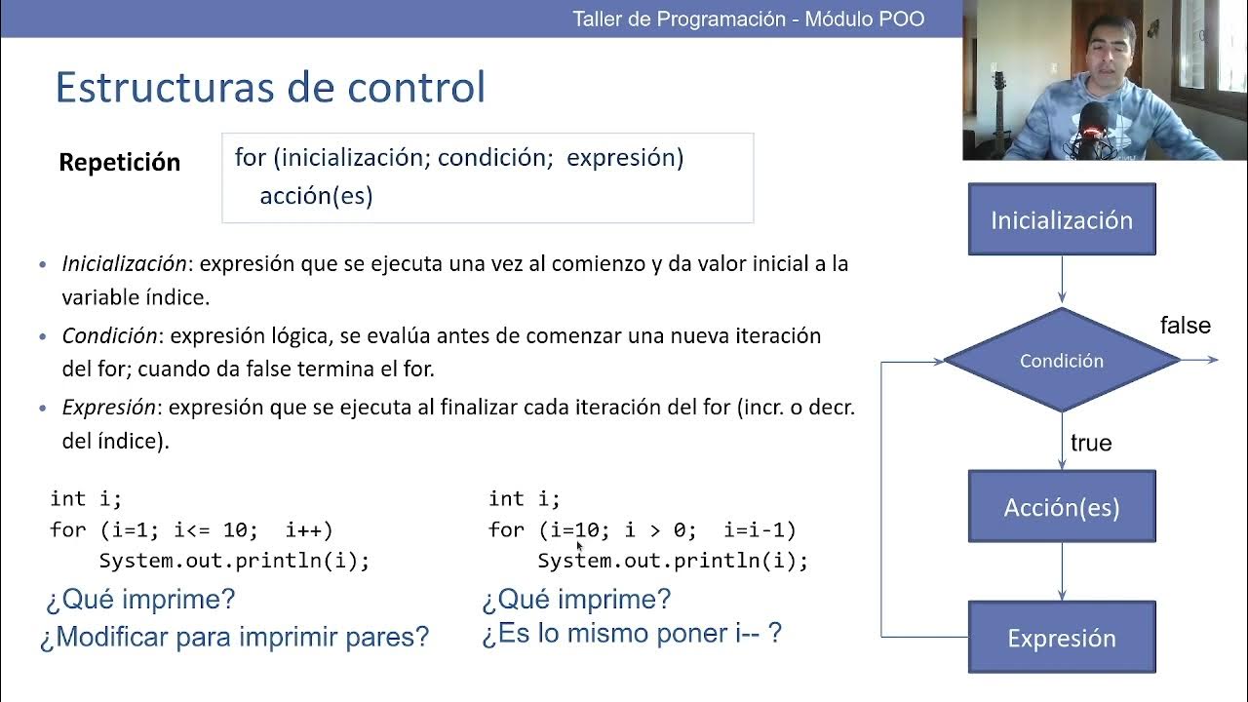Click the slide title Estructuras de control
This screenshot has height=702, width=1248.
coord(270,87)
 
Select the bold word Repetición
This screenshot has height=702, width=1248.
coord(120,163)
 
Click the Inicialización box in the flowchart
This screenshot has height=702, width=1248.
coord(1062,219)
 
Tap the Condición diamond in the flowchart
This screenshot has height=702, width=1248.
coord(1062,361)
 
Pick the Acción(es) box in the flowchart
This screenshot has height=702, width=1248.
coord(1062,507)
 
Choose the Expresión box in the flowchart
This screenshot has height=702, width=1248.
coord(1062,638)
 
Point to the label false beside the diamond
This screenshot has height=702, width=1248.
coord(1185,326)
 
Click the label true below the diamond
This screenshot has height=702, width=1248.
coord(1091,443)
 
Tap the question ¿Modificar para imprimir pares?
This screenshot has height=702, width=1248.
coord(234,638)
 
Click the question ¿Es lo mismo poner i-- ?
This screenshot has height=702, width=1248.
coord(632,634)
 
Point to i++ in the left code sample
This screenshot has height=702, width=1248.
coord(308,530)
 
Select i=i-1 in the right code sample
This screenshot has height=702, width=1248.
coord(759,530)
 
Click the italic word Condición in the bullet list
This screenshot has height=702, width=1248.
coord(109,335)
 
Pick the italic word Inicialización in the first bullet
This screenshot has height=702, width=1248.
coord(124,263)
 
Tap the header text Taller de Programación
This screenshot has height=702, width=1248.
coord(679,19)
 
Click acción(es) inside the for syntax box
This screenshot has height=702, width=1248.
coord(316,196)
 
